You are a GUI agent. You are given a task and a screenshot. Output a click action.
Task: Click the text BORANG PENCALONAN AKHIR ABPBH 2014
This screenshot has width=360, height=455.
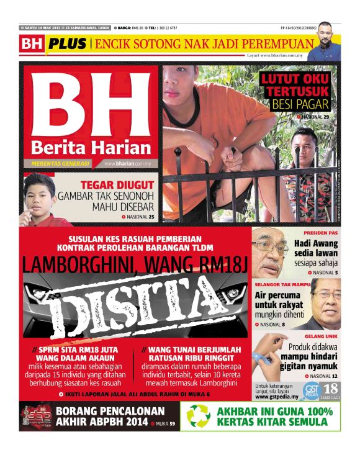click(x=110, y=417)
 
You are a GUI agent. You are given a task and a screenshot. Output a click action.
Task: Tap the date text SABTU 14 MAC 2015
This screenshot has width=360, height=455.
click(x=44, y=29)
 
